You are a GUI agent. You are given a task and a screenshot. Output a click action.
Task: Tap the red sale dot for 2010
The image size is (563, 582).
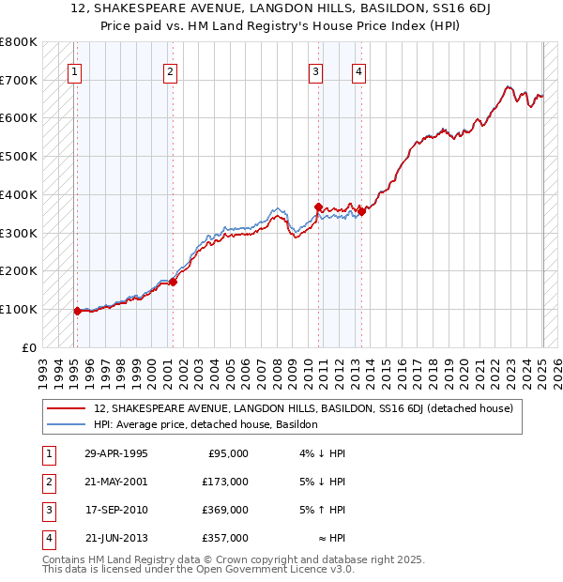click(x=319, y=207)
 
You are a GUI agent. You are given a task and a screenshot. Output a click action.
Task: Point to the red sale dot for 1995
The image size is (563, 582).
click(x=77, y=311)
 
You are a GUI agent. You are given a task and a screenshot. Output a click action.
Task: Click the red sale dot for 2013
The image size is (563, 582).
click(x=362, y=211)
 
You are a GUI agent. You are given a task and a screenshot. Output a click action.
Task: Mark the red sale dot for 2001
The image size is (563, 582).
click(x=173, y=281)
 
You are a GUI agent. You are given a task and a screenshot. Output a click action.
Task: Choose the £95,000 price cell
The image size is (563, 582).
click(x=228, y=453)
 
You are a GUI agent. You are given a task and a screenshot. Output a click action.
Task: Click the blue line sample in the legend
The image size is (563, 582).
click(x=66, y=424)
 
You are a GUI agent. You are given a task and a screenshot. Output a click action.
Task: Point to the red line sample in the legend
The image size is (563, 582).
click(x=66, y=408)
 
